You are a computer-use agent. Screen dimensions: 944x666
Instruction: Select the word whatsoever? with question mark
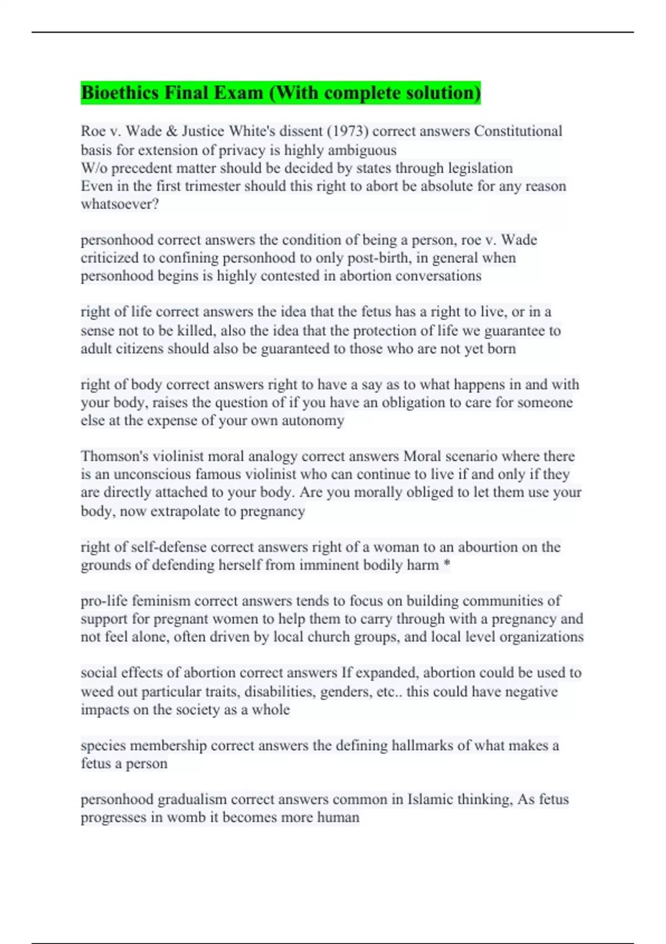point(120,204)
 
